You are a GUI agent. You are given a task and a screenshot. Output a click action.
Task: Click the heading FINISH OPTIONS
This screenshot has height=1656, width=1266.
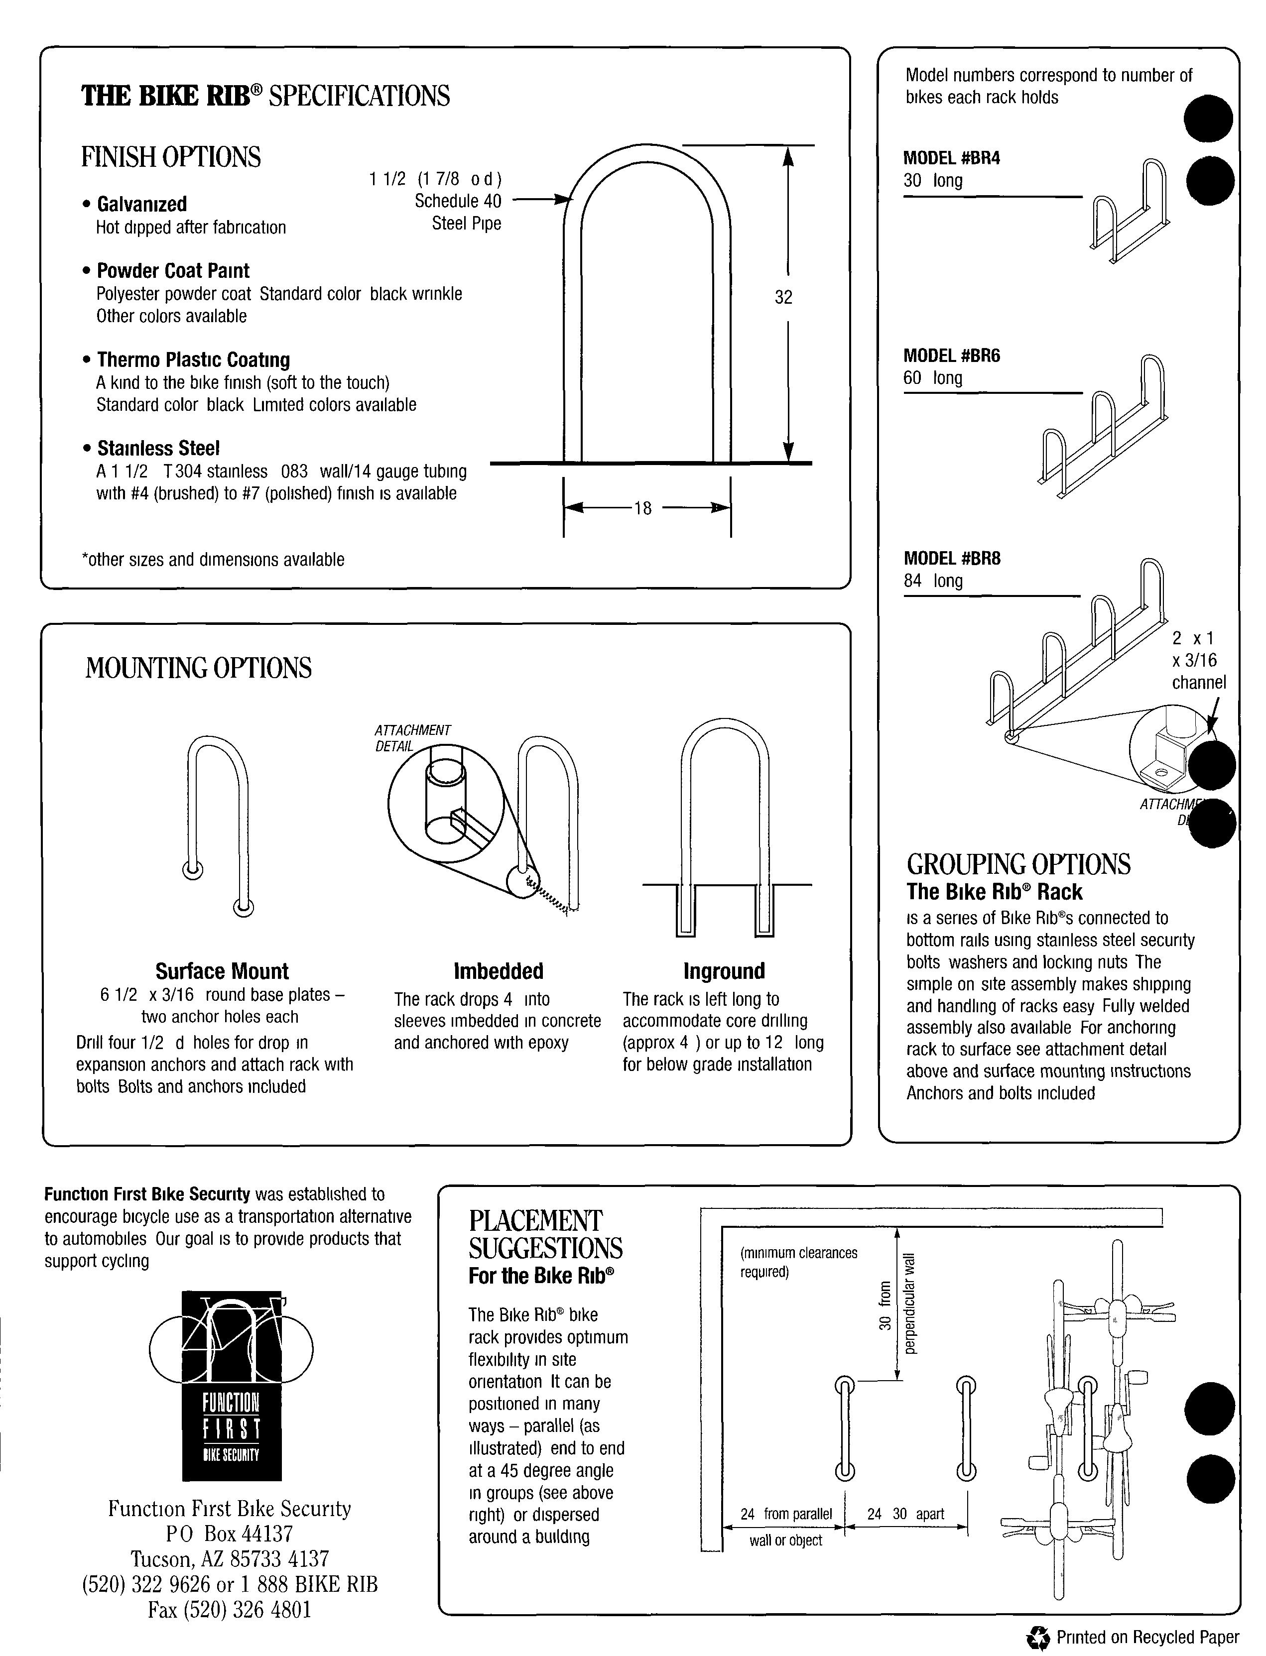click(171, 157)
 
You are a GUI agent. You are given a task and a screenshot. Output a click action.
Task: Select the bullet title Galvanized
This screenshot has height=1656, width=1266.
click(141, 204)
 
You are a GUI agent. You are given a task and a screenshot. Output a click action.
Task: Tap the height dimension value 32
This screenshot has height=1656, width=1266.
click(784, 298)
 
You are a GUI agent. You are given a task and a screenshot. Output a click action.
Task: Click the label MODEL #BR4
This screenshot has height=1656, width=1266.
click(951, 158)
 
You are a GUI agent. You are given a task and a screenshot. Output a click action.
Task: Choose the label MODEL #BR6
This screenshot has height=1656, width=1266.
click(951, 355)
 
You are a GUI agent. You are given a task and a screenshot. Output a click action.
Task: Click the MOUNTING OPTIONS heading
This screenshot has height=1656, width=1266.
click(198, 668)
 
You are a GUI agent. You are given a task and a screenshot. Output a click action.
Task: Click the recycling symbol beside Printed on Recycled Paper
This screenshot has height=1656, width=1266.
click(1038, 1637)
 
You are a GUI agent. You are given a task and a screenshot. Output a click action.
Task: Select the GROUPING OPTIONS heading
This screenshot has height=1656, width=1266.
click(1018, 864)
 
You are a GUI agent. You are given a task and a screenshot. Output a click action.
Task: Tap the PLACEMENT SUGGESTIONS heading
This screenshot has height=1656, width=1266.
click(545, 1234)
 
